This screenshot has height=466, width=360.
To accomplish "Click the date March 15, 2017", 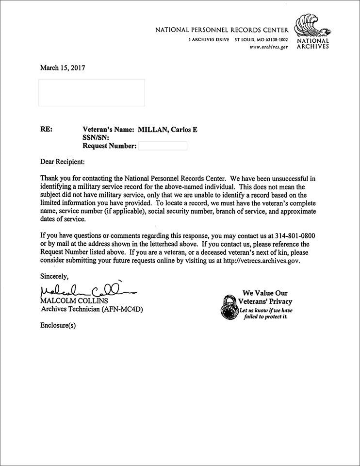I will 62,68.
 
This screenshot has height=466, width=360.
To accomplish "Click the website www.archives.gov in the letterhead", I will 269,47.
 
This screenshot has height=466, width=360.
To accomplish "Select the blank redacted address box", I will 91,92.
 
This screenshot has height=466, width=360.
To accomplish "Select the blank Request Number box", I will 163,146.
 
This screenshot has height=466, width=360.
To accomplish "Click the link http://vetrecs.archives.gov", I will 262,260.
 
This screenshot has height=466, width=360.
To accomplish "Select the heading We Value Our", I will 265,293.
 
